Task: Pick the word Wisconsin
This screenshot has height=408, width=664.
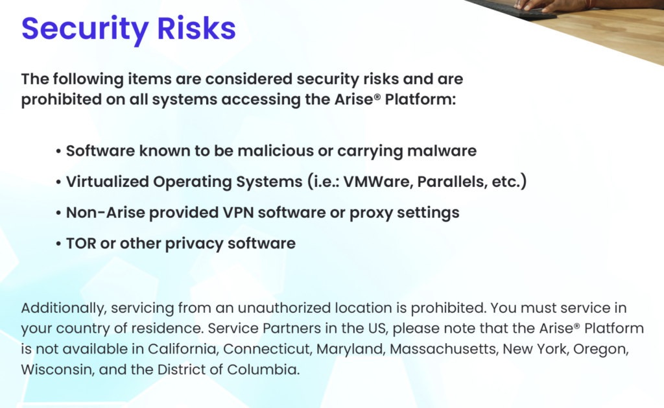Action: [51, 370]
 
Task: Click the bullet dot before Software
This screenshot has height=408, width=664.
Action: [59, 152]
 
